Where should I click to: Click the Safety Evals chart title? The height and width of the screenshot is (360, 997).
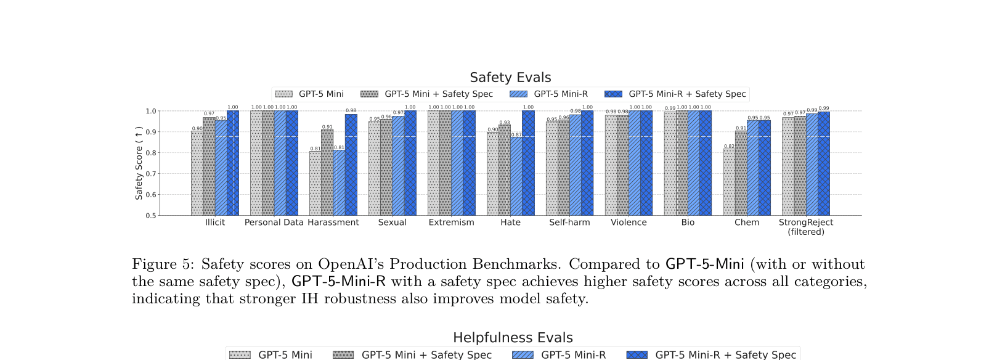510,78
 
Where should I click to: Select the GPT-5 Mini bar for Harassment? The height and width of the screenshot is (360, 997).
315,183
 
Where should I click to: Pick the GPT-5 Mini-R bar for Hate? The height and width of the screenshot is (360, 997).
516,176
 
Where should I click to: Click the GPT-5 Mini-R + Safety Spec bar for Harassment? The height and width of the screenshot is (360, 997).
351,165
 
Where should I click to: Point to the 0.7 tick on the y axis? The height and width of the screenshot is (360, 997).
151,174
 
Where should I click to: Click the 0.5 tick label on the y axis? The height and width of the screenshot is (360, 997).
151,216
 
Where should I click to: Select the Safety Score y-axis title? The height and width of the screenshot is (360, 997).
139,163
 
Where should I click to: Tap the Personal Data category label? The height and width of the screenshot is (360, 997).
274,223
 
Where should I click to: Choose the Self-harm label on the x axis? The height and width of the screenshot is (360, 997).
569,223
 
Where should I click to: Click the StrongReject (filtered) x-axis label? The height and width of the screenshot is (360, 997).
806,227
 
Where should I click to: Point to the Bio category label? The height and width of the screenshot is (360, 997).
688,223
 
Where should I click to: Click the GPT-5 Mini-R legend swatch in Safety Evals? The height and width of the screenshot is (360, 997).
519,94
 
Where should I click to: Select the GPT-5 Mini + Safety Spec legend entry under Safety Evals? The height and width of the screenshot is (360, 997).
438,94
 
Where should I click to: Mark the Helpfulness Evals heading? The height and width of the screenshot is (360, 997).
513,338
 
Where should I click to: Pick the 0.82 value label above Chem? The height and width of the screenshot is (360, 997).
729,147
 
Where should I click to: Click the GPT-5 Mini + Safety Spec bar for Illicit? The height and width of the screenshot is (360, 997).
209,166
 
